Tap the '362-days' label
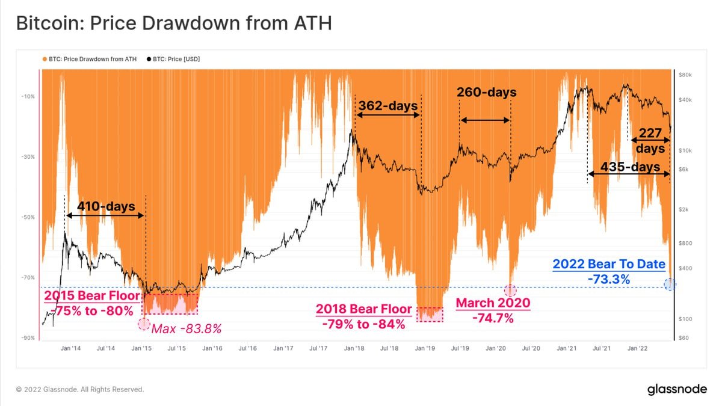pos(388,106)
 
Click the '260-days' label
pos(486,93)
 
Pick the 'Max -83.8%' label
pos(187,328)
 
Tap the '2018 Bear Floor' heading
pos(364,309)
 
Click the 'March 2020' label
pos(493,303)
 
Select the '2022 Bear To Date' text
pos(608,263)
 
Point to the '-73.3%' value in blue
pos(608,279)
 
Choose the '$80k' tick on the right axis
pos(685,75)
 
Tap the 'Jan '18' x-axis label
pos(354,348)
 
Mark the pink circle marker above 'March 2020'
pos(510,290)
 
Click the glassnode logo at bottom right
pos(677,389)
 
